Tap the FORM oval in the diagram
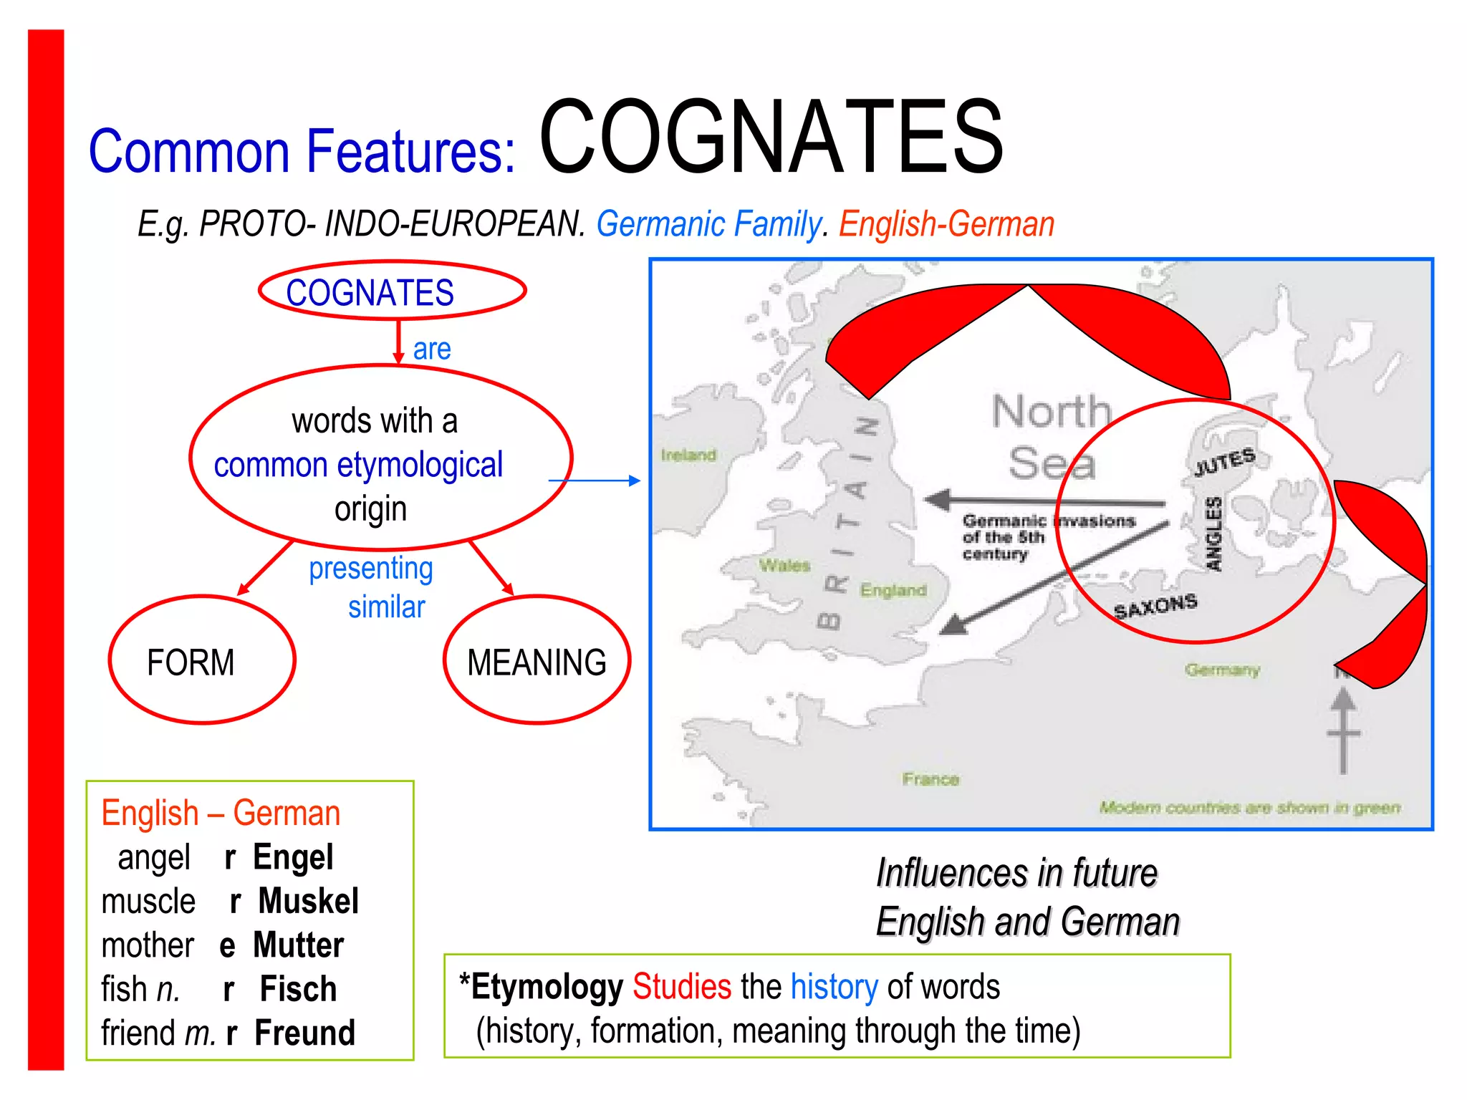[202, 660]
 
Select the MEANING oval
[537, 660]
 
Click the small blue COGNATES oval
[392, 291]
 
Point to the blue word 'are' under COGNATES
[432, 349]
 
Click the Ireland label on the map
[688, 455]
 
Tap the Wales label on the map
[784, 566]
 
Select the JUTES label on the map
[1224, 462]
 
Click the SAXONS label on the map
[1155, 607]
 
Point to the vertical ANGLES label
[1213, 534]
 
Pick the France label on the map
[930, 778]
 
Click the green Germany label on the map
[1222, 670]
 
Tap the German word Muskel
[309, 901]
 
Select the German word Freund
[305, 1033]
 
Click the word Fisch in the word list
[298, 989]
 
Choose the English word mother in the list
[148, 945]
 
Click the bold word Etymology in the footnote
[547, 987]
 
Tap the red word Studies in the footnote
[682, 987]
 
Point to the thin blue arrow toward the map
[594, 481]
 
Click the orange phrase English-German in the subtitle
[946, 224]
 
